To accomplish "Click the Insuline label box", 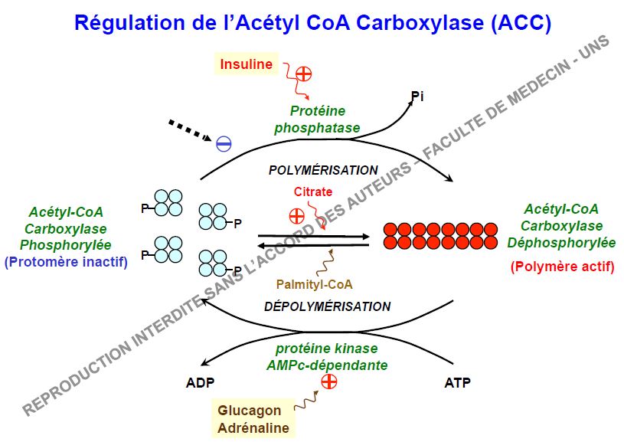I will tap(247, 64).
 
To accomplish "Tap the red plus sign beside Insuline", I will tap(304, 74).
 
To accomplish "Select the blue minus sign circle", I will tap(224, 143).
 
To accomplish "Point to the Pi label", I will tap(417, 97).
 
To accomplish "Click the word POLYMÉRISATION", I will tap(322, 170).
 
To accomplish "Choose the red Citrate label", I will tap(313, 192).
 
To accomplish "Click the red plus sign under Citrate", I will tap(296, 215).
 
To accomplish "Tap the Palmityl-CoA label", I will tap(315, 284).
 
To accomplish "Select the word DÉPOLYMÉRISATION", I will tap(327, 306).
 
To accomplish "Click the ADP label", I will tap(201, 381).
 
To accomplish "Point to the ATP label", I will tap(458, 381).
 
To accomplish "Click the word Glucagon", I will tap(249, 411).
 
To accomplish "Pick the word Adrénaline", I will tap(253, 427).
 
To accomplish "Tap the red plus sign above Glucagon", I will tap(330, 381).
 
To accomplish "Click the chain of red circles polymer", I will tap(438, 235).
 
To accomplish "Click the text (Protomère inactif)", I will tap(66, 262).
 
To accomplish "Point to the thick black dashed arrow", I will tap(188, 129).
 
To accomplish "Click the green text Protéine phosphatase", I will tap(317, 120).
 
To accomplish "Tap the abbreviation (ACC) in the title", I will tap(521, 23).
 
